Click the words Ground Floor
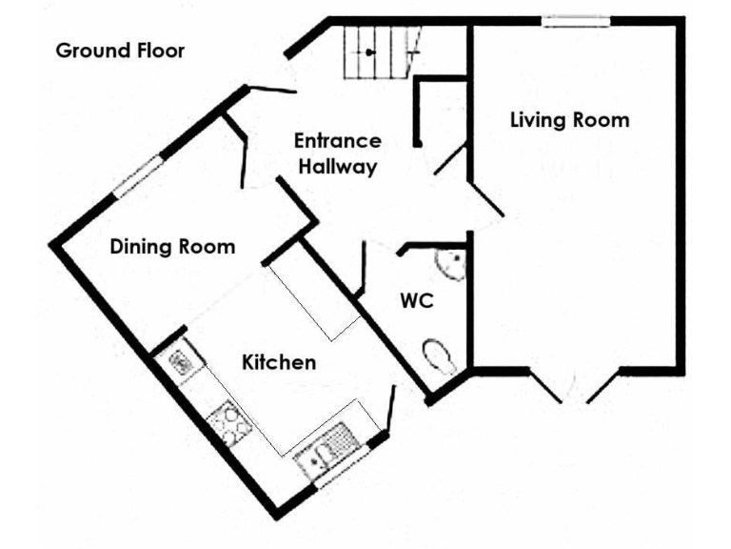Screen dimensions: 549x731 click(120, 51)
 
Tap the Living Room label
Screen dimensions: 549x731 click(569, 120)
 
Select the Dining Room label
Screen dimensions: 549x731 click(172, 247)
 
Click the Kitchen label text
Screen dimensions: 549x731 click(279, 362)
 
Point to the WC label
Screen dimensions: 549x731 click(417, 301)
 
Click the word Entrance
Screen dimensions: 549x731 click(337, 141)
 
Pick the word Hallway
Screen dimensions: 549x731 click(337, 167)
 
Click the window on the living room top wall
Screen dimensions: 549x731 click(576, 21)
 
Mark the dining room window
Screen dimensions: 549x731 click(137, 178)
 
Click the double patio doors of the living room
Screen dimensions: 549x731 click(574, 386)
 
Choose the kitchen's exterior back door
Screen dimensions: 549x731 click(390, 410)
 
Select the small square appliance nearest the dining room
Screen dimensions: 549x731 click(179, 361)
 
